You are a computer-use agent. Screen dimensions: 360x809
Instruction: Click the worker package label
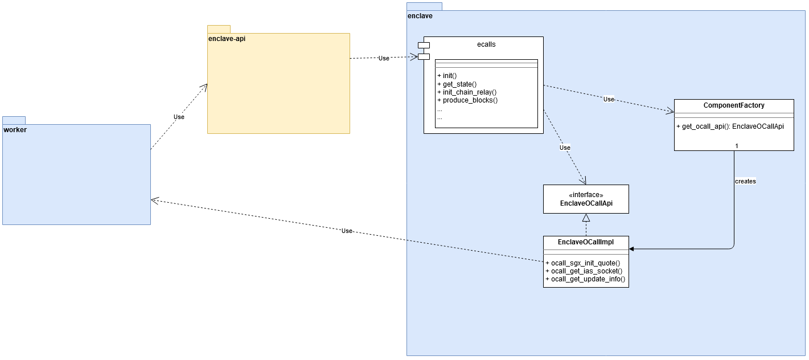point(15,130)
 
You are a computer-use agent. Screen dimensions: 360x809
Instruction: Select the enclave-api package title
point(227,39)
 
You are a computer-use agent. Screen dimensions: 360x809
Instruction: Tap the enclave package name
point(420,16)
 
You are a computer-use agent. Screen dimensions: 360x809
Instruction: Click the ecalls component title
point(486,44)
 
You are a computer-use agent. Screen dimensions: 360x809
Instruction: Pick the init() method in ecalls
point(447,76)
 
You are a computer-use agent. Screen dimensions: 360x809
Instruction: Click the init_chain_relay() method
point(466,92)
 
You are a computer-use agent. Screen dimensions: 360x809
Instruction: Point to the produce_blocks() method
point(467,100)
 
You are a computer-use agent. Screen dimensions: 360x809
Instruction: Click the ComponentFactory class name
point(734,105)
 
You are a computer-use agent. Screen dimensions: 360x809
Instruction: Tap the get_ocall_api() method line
point(730,126)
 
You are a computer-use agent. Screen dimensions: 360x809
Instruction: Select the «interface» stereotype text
point(586,195)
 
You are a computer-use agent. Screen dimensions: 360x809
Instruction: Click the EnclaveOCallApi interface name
point(586,203)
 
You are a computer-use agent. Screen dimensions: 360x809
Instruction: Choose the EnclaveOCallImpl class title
point(586,242)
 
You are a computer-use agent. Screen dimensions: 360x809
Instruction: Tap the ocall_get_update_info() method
point(585,279)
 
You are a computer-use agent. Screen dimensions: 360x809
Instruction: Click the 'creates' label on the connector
point(745,181)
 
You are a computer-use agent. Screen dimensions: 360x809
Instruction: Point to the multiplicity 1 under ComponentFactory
point(736,146)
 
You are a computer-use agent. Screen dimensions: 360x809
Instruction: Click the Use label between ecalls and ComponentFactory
point(609,99)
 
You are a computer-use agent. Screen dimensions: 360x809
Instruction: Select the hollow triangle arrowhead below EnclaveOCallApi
point(586,218)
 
